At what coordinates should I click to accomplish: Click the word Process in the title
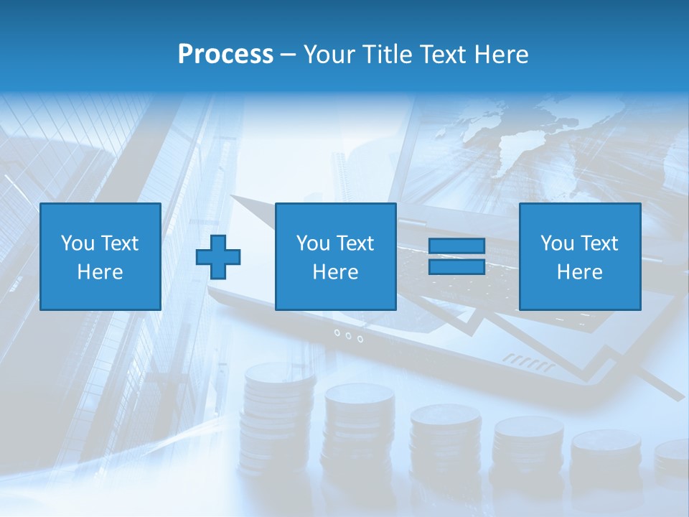(225, 55)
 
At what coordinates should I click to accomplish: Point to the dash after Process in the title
(288, 55)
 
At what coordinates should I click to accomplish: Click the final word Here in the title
(502, 55)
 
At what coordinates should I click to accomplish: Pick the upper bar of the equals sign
(456, 246)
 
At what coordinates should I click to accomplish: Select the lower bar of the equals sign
(456, 266)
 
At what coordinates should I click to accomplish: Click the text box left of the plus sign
(100, 256)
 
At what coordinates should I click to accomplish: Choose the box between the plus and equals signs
(335, 256)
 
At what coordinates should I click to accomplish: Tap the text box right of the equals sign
(579, 256)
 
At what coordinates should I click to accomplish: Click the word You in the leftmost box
(77, 243)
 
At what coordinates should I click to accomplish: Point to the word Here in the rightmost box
(579, 271)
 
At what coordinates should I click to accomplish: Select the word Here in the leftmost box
(100, 271)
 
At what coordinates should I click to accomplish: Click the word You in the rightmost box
(556, 243)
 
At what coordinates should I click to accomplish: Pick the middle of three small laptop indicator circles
(348, 335)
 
